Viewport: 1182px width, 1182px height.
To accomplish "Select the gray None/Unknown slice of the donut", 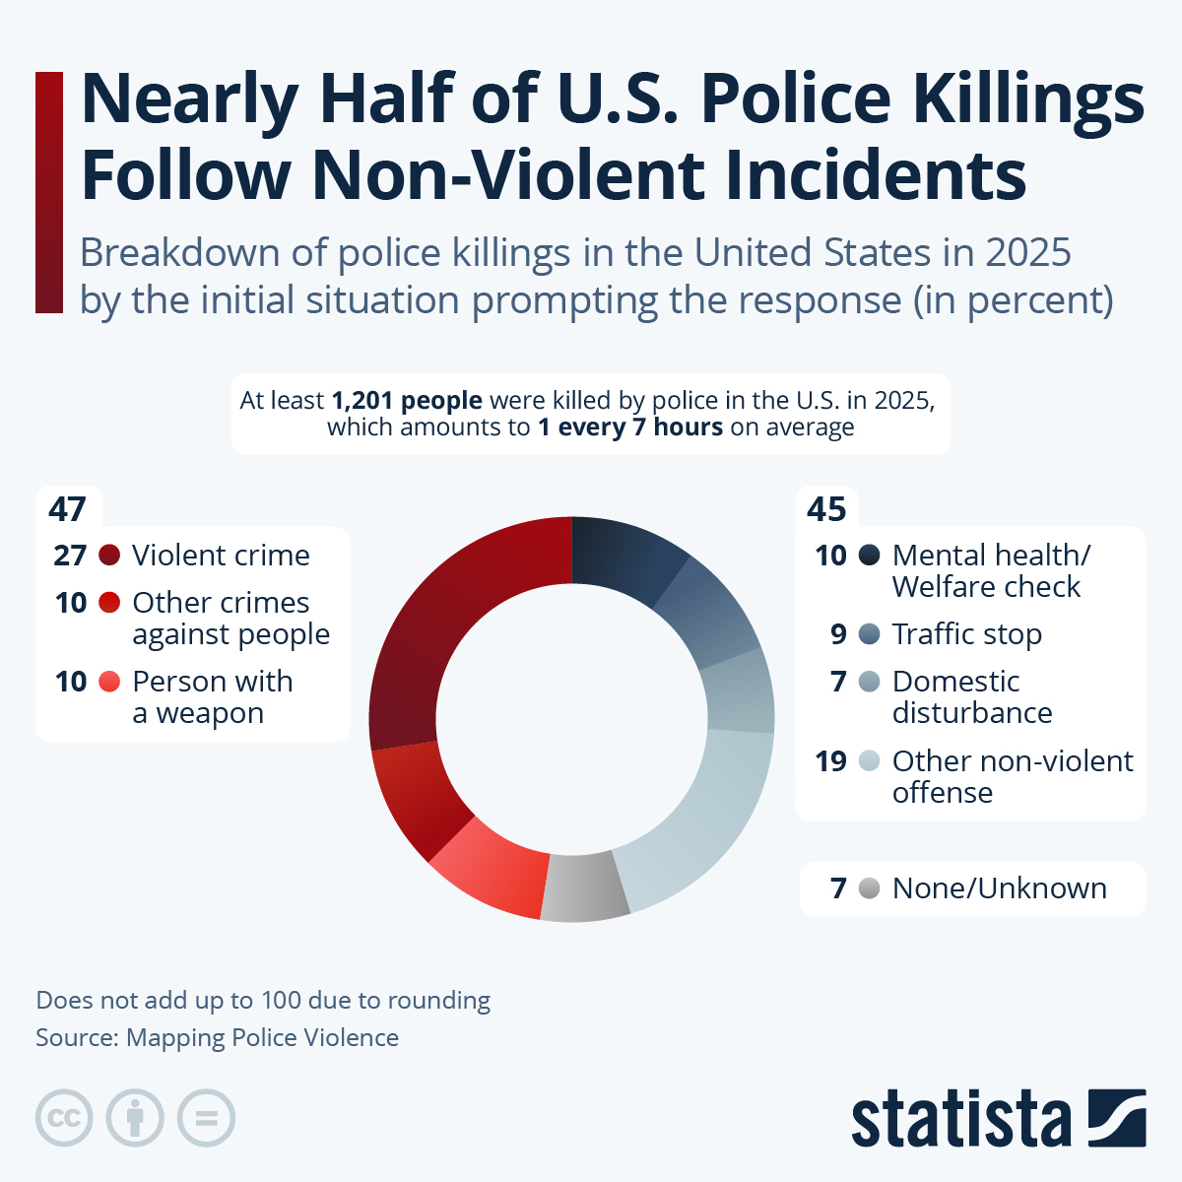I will tap(584, 888).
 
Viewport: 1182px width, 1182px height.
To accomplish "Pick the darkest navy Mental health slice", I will tap(626, 557).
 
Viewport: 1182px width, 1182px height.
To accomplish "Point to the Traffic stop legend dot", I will tap(869, 634).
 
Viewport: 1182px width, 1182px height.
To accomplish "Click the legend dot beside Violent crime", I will tap(109, 556).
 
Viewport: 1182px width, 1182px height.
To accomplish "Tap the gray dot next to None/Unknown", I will tap(869, 888).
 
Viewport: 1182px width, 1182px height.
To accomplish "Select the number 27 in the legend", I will tap(70, 556).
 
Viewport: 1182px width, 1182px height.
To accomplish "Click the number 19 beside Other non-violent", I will tap(830, 761).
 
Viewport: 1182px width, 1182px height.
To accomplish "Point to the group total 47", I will tap(67, 509).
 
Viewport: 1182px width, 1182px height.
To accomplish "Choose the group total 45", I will tap(826, 509).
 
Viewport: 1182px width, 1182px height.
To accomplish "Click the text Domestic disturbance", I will tap(971, 697).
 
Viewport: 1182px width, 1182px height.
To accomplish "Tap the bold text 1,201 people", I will tap(407, 401).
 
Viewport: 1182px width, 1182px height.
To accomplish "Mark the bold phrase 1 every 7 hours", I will tap(630, 427).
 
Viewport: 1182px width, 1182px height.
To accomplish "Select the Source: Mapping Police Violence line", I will tap(217, 1038).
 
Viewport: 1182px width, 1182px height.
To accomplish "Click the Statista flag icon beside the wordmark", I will tap(1116, 1118).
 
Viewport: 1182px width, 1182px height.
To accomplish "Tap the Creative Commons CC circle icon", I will tap(64, 1118).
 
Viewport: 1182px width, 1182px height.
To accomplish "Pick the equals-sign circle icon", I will tap(206, 1118).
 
